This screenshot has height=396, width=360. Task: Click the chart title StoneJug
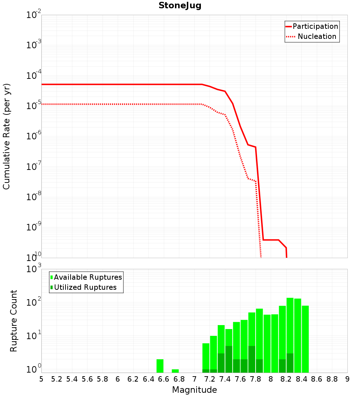click(x=180, y=6)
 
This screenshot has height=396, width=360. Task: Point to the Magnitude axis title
click(x=194, y=390)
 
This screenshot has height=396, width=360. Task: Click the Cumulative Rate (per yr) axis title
click(x=6, y=136)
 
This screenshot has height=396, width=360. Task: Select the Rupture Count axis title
click(x=14, y=320)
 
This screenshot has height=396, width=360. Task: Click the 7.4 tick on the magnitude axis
click(x=225, y=379)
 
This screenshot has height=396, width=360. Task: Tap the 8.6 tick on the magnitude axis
click(x=317, y=379)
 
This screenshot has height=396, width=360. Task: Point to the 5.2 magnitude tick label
click(x=57, y=379)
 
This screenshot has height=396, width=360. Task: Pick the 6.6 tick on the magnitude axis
click(x=164, y=379)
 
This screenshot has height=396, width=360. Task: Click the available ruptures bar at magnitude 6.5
click(x=160, y=366)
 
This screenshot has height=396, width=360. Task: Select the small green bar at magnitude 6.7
click(x=175, y=371)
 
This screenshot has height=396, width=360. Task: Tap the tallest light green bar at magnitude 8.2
click(x=290, y=324)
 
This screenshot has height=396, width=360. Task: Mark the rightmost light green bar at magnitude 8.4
click(x=305, y=338)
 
